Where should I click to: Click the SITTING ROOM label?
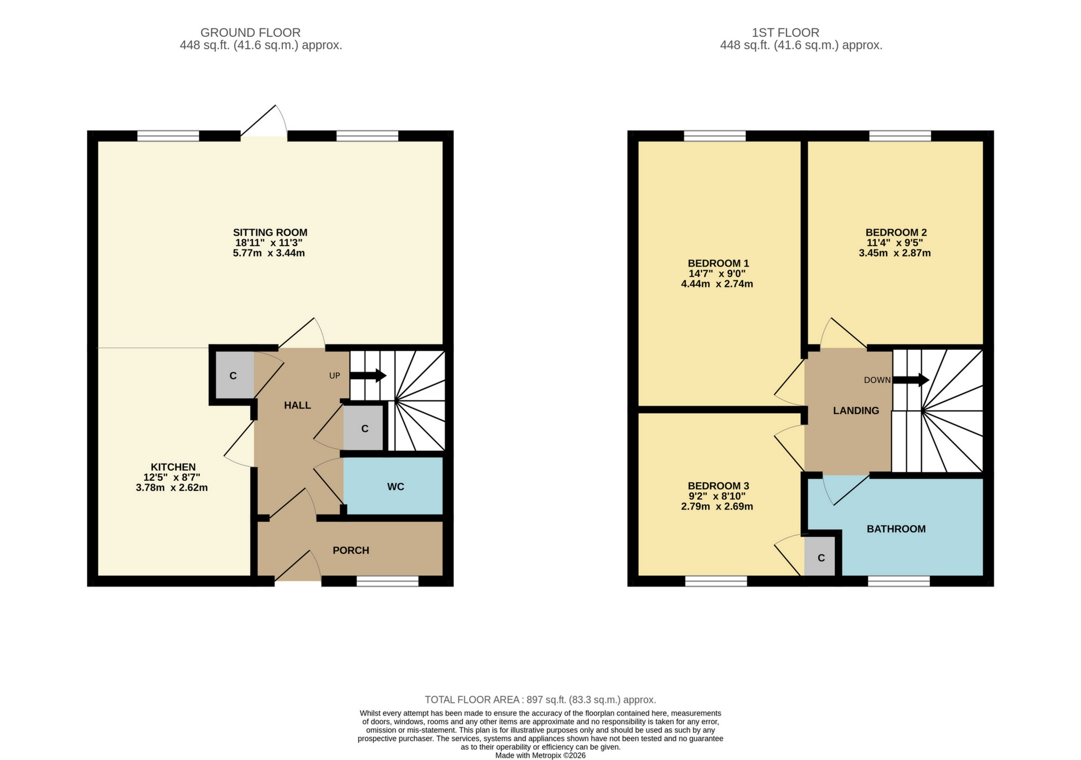coord(270,232)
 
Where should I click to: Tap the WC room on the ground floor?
coord(395,487)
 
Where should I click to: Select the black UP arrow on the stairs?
coord(368,375)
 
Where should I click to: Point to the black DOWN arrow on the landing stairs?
coord(911,380)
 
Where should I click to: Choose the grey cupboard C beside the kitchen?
coord(233,375)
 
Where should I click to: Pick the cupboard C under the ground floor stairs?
coord(364,428)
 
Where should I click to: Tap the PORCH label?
coord(351,550)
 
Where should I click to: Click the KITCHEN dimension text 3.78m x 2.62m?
coord(172,488)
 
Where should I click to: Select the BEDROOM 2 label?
coord(896,232)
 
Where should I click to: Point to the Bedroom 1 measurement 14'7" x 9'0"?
coord(717,273)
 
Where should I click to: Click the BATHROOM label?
coord(896,529)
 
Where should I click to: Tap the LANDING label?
coord(856,410)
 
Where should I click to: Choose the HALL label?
coord(297,405)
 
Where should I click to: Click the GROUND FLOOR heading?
coord(250,33)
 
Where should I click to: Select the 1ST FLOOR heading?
coord(785,33)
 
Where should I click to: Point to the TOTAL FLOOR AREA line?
coord(540,700)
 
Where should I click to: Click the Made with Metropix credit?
coord(540,755)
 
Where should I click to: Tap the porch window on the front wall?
coord(388,581)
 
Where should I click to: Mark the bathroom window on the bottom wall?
coord(898,581)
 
